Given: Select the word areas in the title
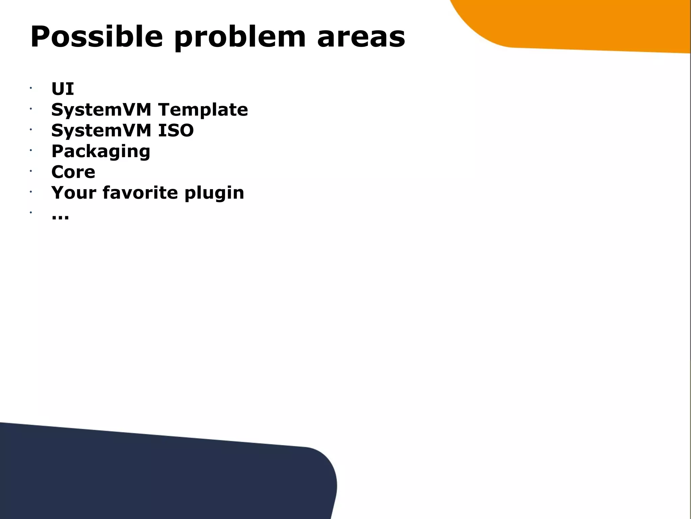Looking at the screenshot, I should [361, 37].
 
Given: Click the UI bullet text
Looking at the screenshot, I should [62, 89].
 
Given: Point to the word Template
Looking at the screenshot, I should [203, 110].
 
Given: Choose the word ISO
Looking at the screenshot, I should [176, 130].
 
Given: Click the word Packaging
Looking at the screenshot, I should [101, 152].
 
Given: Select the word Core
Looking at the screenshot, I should [73, 172].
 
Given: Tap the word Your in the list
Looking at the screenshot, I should [74, 193].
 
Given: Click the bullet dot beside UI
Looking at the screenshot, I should [30, 88].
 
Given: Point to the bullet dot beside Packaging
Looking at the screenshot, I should [30, 150].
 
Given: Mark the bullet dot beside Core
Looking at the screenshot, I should [30, 171].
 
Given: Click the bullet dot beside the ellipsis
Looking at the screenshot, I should [30, 212].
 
